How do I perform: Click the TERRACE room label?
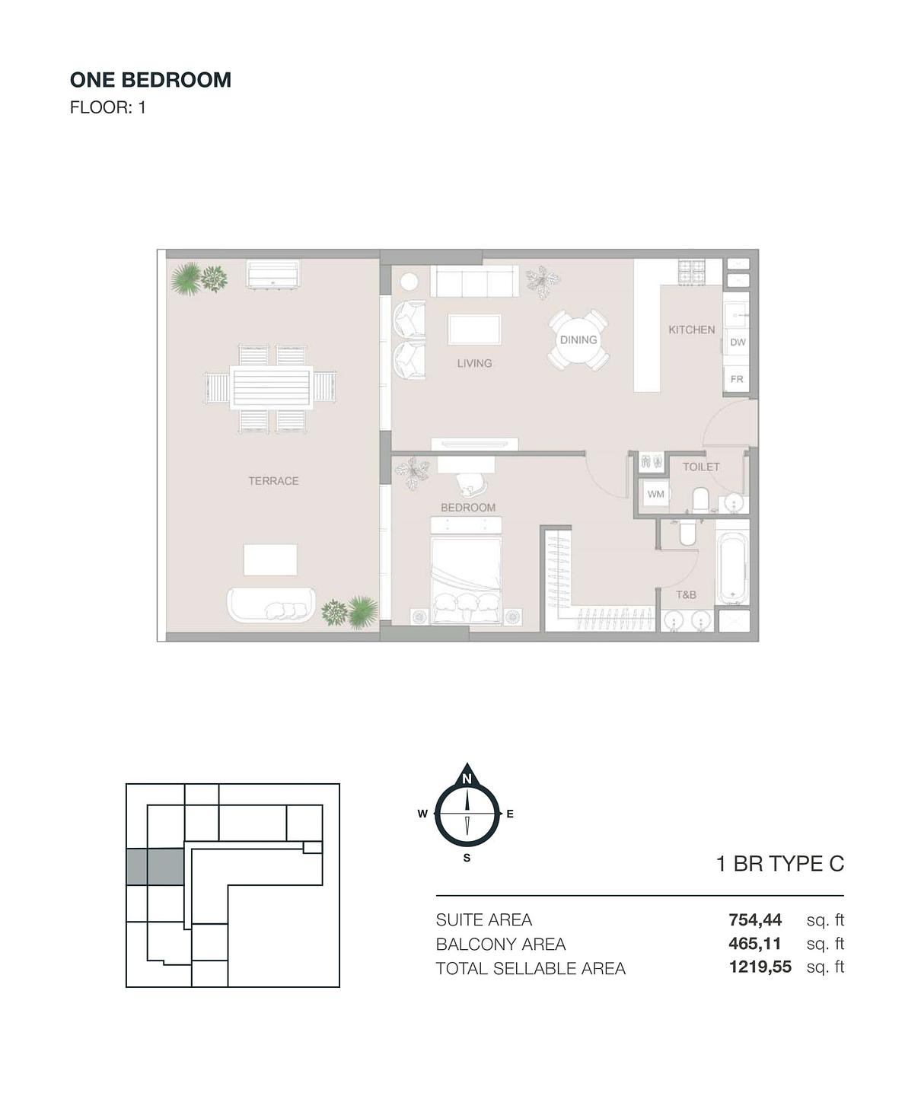coord(273,481)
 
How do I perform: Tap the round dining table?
coord(578,340)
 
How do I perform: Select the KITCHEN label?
coord(692,330)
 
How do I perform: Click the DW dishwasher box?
coord(738,342)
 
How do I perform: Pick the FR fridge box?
coord(737,379)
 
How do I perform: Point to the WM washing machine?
coord(656,494)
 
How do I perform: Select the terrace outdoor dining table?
coord(272,388)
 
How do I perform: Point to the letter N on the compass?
coord(467,779)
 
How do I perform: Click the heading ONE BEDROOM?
coord(151,80)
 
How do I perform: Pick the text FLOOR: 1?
coord(107,107)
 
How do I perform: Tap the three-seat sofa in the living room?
coord(474,281)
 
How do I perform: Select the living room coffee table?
coord(474,330)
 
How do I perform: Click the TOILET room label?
coord(701,467)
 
